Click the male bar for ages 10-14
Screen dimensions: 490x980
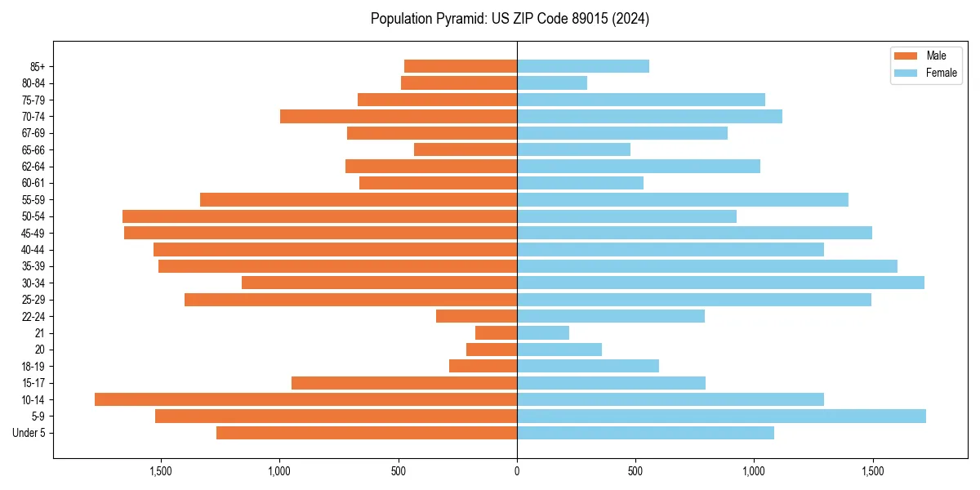[x=305, y=399]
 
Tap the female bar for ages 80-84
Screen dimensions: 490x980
[x=552, y=82]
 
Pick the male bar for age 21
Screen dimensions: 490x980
[x=496, y=333]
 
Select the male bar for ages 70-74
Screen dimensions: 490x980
[x=399, y=116]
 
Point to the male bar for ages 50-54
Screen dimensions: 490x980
[x=319, y=216]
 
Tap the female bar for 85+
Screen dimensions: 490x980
[x=583, y=66]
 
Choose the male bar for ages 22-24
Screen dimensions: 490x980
[x=476, y=316]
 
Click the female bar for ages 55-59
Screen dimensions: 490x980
[x=683, y=199]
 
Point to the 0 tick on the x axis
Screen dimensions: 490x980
[x=517, y=472]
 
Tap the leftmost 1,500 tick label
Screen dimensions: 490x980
[x=161, y=472]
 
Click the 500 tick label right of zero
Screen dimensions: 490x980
[x=635, y=472]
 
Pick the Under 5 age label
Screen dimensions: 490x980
[x=29, y=433]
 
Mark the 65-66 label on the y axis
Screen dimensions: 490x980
[x=33, y=149]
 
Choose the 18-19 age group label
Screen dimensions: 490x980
[x=33, y=366]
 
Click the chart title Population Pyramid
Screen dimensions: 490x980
[x=510, y=19]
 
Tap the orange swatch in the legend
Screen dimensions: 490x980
[x=906, y=56]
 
